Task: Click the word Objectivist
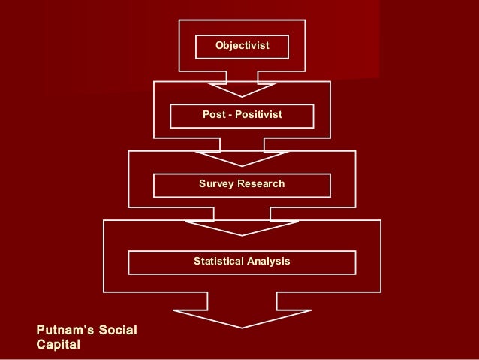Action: click(x=242, y=46)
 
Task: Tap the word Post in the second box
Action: click(x=213, y=115)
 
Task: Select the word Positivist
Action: click(x=259, y=115)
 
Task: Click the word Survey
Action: click(x=216, y=184)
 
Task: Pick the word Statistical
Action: click(x=218, y=262)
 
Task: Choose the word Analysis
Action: click(x=270, y=262)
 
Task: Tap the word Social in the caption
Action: click(x=117, y=331)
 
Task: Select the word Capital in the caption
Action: click(x=58, y=345)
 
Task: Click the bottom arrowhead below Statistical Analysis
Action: click(x=242, y=319)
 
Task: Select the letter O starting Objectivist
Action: click(x=219, y=46)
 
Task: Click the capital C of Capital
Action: click(x=41, y=345)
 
